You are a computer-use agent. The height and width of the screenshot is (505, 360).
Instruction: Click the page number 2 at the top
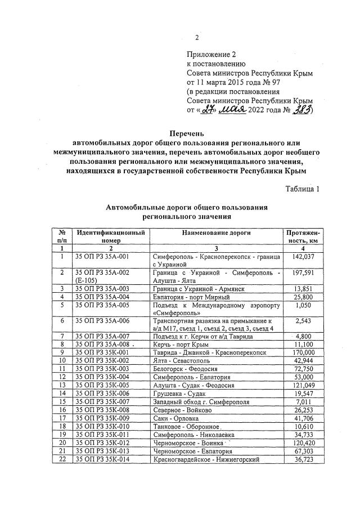[197, 38]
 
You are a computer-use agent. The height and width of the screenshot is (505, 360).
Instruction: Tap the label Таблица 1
[302, 189]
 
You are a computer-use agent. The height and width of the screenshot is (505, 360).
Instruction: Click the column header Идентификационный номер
[111, 236]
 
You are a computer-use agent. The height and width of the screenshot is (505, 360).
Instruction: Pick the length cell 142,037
[303, 256]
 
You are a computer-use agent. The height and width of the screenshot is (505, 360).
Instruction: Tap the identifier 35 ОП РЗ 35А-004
[102, 297]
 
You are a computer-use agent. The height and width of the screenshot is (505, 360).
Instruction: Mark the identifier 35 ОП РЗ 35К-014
[102, 460]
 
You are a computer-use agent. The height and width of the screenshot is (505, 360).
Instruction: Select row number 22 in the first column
[61, 460]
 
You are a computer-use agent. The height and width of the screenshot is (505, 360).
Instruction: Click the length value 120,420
[303, 444]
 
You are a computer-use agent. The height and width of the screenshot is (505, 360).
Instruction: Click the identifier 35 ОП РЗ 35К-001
[102, 351]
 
